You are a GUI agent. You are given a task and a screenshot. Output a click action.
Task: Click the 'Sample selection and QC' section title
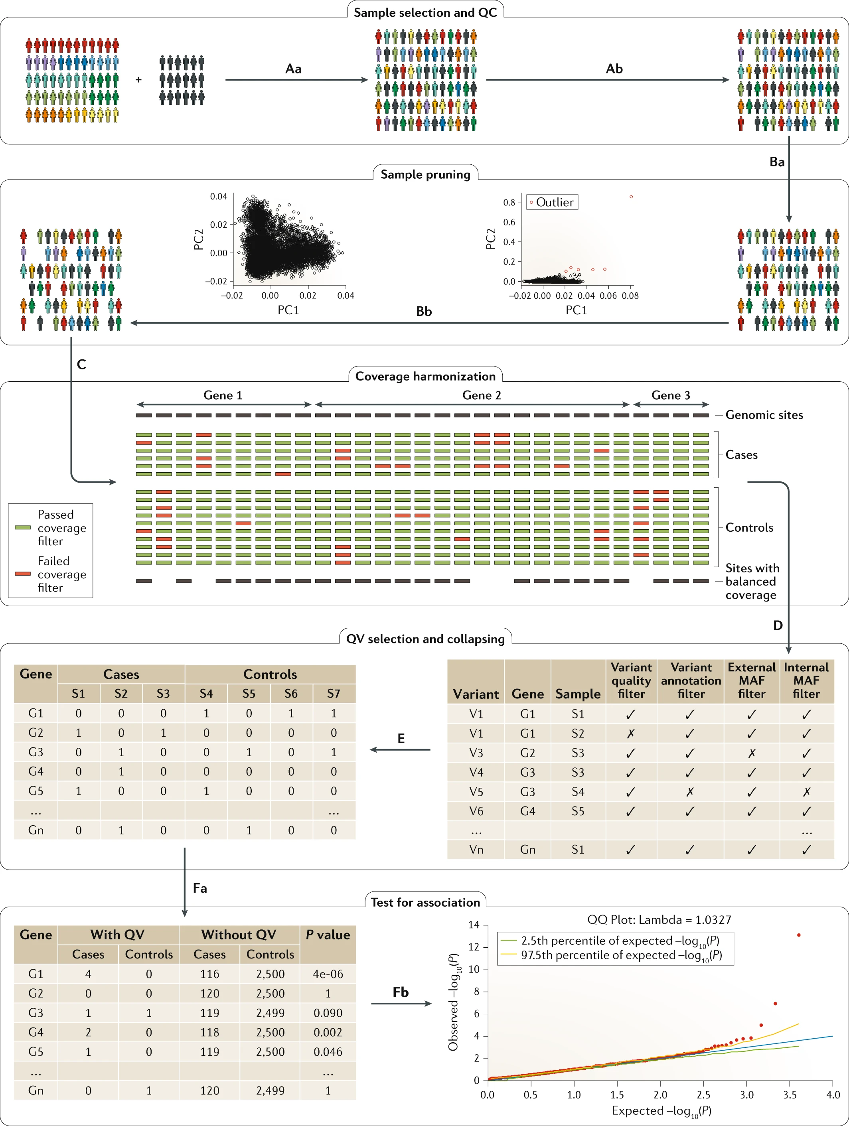(425, 13)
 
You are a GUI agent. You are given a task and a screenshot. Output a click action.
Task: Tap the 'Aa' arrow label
(293, 69)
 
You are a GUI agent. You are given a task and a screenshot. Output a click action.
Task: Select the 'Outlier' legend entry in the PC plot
(552, 203)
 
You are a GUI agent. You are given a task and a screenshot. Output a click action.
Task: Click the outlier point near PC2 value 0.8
(631, 197)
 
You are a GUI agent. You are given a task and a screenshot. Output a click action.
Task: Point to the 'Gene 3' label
(671, 396)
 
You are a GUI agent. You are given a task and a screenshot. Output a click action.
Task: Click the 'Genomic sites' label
(764, 415)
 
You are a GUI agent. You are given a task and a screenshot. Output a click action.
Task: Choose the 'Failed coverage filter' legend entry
(51, 574)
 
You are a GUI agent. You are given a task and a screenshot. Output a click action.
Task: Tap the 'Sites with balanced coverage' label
(752, 581)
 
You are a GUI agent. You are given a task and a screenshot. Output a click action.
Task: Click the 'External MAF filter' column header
(752, 680)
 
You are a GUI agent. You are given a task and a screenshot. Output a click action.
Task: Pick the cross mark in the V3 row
(752, 753)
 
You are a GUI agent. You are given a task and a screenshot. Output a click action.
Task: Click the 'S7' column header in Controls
(334, 693)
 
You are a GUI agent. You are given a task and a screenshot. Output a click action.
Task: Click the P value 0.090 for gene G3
(328, 1013)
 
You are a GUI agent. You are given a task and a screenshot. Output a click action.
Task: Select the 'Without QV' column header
(239, 935)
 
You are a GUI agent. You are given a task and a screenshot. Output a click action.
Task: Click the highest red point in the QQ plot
(799, 935)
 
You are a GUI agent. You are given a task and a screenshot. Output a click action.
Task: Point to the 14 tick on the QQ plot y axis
(474, 925)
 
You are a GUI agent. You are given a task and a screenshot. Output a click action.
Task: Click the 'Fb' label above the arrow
(401, 992)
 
